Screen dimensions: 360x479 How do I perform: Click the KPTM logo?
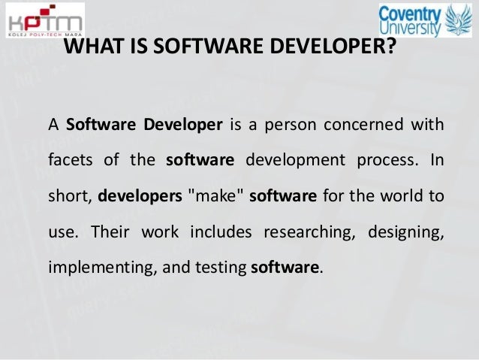(x=43, y=22)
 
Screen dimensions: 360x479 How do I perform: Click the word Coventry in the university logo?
(x=411, y=14)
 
